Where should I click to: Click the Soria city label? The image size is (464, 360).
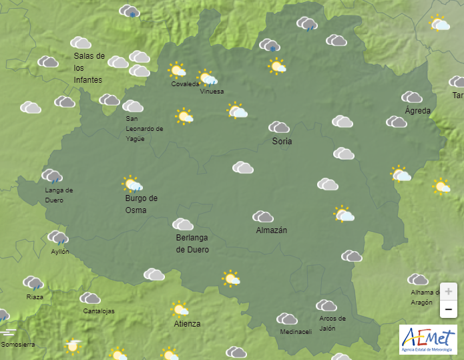282,142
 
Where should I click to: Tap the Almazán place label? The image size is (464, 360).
271,230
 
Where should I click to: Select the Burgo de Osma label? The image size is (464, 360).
141,204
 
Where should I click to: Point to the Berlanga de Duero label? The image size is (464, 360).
192,244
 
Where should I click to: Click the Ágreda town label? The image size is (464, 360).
418,111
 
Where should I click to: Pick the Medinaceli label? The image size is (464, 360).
296,332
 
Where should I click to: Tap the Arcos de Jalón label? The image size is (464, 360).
332,323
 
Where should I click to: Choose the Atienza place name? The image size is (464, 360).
187,324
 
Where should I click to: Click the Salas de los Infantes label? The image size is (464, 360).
89,68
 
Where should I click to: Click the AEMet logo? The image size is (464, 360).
427,339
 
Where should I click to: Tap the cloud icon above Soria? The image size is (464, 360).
278,127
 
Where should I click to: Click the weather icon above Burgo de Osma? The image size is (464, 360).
132,184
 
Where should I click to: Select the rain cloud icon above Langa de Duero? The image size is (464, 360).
52,176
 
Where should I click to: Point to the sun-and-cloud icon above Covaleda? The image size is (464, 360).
177,69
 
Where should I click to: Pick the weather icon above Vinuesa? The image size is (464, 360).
207,77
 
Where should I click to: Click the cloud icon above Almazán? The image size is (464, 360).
262,216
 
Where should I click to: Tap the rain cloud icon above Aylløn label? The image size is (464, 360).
57,237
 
